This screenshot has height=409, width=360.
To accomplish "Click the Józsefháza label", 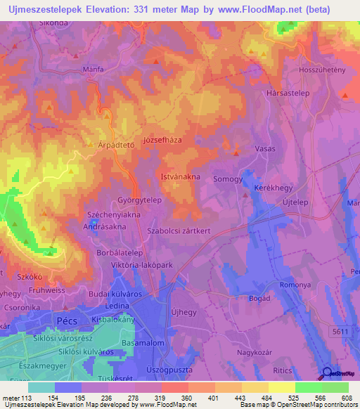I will click(162, 140).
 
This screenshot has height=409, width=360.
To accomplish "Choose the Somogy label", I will click(228, 179).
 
